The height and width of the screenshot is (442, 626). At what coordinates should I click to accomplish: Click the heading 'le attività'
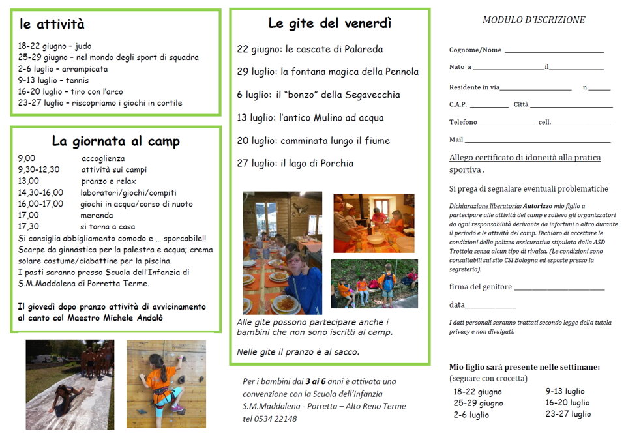coord(52,25)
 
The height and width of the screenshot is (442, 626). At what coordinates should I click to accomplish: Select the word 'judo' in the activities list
coord(83,46)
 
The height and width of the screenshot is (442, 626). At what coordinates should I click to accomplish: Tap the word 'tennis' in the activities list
coord(77,80)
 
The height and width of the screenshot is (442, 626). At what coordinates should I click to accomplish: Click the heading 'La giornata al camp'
coord(115,141)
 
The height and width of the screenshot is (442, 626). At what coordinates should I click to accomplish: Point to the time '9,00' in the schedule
coord(27,158)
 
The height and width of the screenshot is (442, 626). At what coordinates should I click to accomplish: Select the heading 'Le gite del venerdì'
coord(329,23)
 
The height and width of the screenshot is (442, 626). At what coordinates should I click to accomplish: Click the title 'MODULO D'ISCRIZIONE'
coord(533,20)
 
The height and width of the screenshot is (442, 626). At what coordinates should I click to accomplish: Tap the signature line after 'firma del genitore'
coord(559,289)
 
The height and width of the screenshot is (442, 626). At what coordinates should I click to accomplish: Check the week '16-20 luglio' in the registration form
coord(567,403)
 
